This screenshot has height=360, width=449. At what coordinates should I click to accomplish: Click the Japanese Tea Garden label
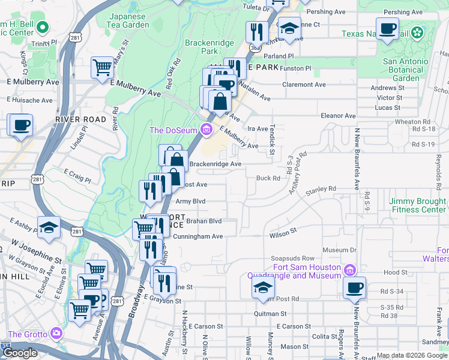pyautogui.click(x=127, y=20)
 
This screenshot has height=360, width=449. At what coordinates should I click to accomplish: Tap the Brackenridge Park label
pyautogui.click(x=208, y=47)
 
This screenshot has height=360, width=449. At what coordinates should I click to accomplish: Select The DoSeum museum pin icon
pyautogui.click(x=206, y=129)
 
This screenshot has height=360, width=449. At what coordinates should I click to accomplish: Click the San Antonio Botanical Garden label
pyautogui.click(x=406, y=70)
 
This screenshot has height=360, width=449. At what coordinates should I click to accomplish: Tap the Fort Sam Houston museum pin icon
pyautogui.click(x=352, y=268)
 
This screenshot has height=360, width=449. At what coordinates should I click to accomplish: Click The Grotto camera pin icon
pyautogui.click(x=56, y=332)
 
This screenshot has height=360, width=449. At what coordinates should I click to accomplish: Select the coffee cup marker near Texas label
pyautogui.click(x=387, y=28)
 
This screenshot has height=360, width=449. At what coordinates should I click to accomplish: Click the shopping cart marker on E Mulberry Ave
pyautogui.click(x=102, y=67)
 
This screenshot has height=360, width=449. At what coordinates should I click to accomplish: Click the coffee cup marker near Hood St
pyautogui.click(x=354, y=287)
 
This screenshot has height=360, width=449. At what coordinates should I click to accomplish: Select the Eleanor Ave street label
pyautogui.click(x=339, y=116)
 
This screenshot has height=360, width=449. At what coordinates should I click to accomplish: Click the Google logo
pyautogui.click(x=20, y=353)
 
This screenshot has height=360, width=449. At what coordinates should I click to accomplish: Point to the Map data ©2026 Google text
pyautogui.click(x=411, y=355)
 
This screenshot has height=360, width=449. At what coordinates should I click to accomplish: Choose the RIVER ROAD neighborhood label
pyautogui.click(x=80, y=119)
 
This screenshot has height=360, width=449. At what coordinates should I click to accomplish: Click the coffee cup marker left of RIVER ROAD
pyautogui.click(x=21, y=125)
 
